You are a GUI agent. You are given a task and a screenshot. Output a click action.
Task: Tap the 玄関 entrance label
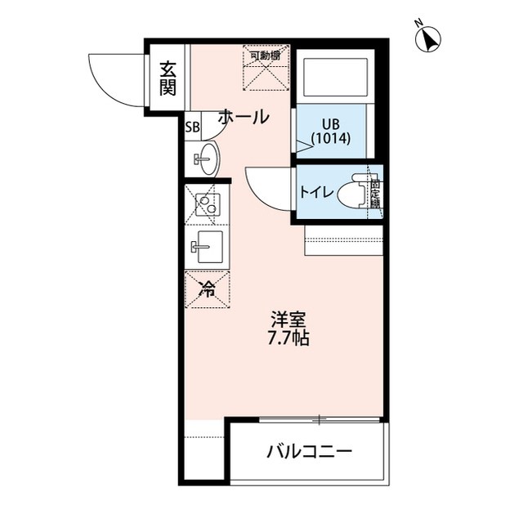point(168,78)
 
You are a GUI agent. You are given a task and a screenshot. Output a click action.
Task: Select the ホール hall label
point(243,117)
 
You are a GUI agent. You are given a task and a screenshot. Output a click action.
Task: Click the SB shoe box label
point(192,127)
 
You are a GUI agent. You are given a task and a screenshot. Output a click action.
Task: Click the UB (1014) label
point(331,132)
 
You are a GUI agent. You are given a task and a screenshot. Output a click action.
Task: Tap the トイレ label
point(315,193)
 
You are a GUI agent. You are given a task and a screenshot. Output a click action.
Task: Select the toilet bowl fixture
point(356,193)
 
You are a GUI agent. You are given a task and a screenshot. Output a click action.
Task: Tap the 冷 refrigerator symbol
point(208,288)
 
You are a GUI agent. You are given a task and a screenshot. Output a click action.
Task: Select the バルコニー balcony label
point(309,452)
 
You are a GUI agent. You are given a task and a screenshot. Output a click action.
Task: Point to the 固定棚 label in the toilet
point(375,193)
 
